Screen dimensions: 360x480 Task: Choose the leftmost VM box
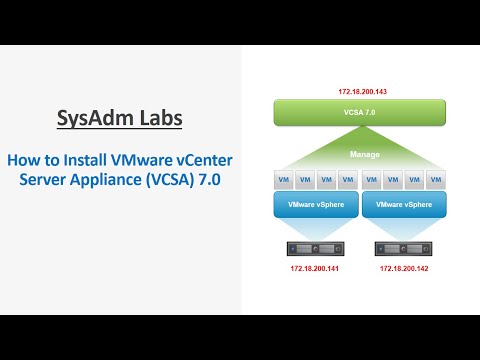285,181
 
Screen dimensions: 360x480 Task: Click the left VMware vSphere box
315,205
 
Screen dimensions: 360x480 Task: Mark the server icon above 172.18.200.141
315,247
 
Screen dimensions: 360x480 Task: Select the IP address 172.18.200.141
315,268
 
